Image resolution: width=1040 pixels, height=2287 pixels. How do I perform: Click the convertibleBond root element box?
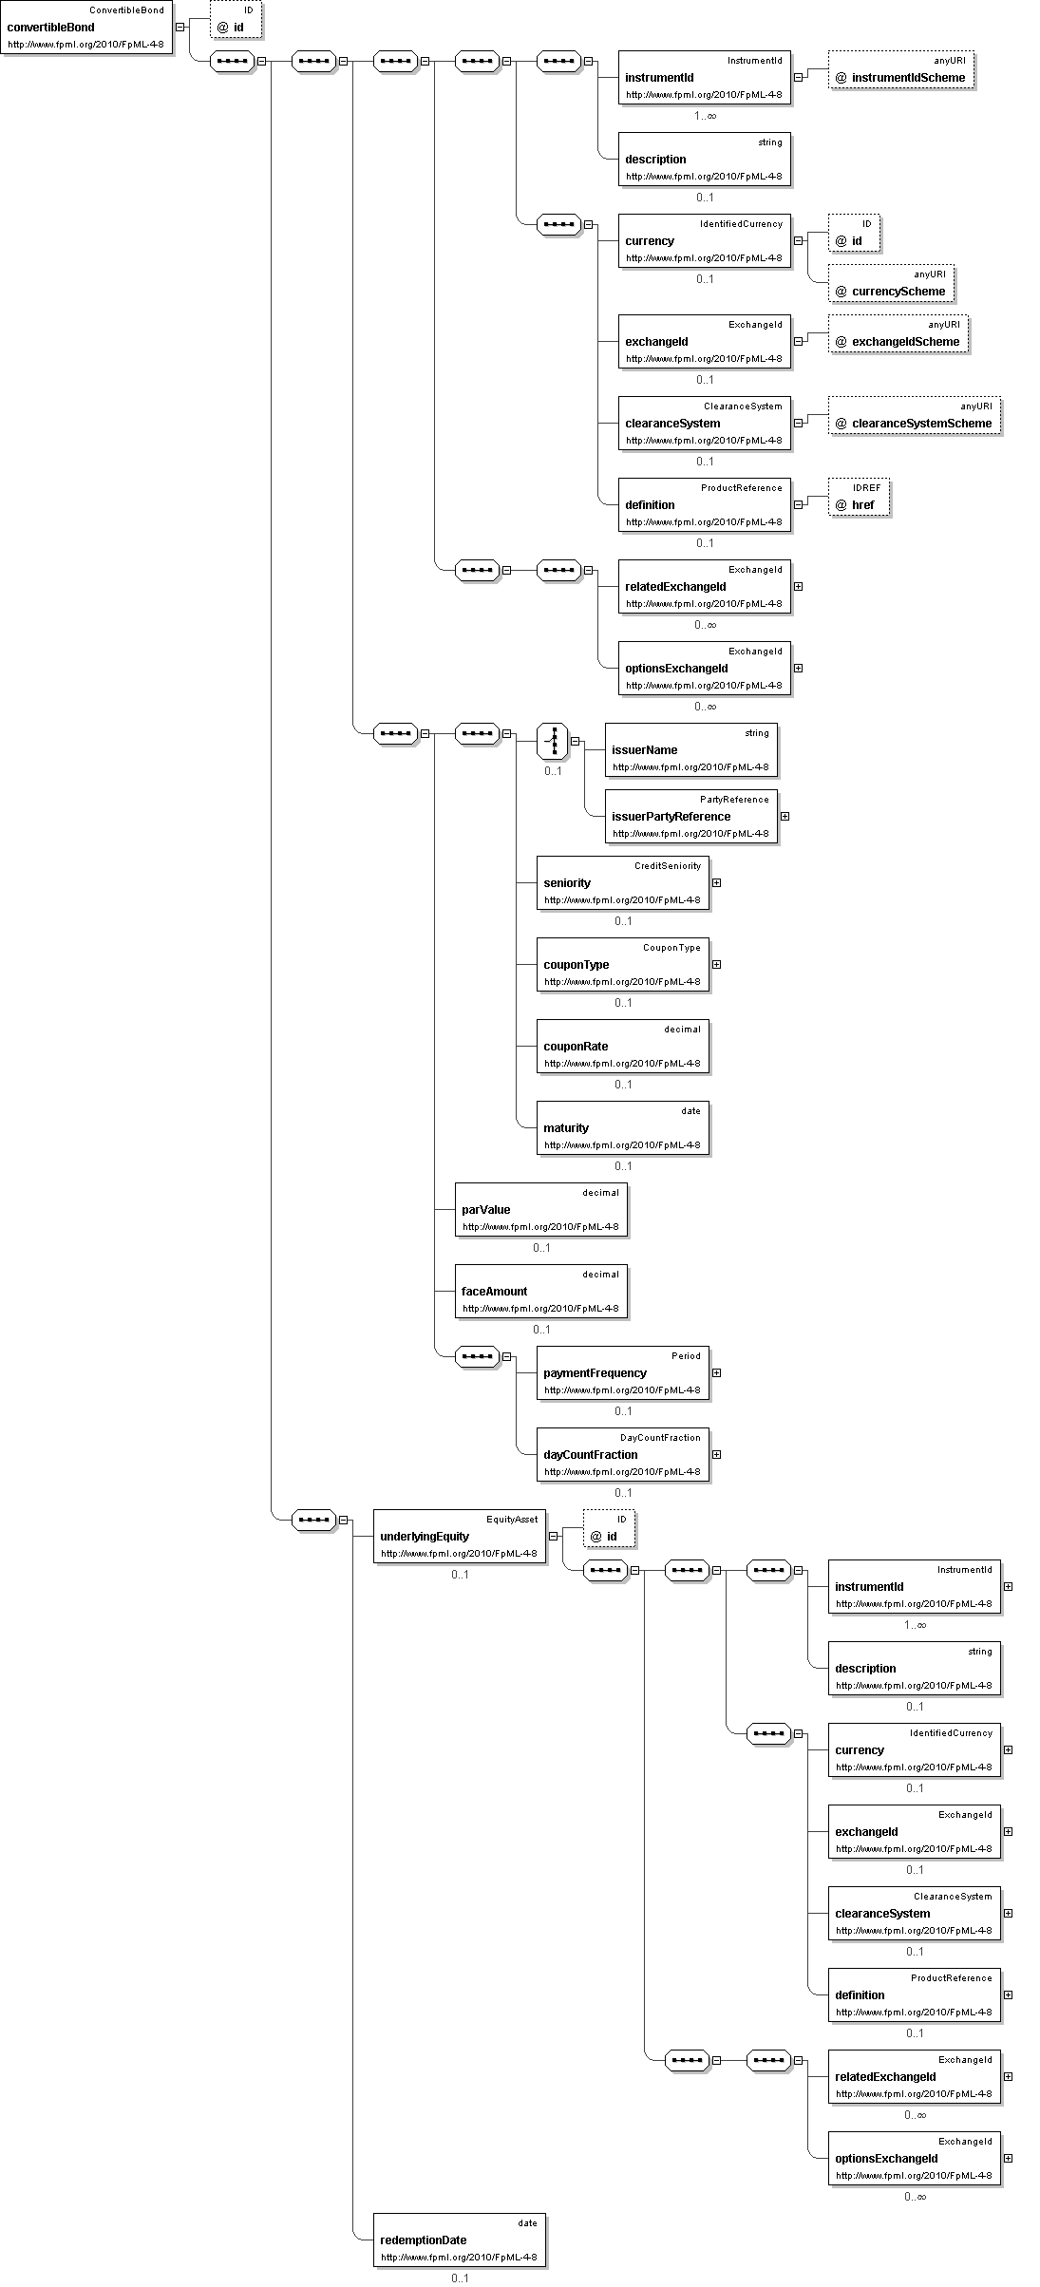(x=87, y=28)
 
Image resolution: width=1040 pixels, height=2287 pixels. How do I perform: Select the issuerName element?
(x=691, y=749)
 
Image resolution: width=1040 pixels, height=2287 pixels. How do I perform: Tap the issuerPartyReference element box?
(x=691, y=816)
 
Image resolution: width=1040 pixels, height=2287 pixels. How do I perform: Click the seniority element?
(x=622, y=882)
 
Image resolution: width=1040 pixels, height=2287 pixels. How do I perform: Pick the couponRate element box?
(x=622, y=1046)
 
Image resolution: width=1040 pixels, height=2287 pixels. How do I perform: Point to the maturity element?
(x=622, y=1127)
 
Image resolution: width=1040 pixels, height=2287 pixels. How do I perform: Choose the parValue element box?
(x=540, y=1209)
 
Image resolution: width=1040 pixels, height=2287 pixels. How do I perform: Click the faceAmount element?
(x=540, y=1291)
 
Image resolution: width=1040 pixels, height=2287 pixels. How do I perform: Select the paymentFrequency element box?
(x=622, y=1372)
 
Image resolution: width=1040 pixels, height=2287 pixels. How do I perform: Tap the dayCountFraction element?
(x=622, y=1454)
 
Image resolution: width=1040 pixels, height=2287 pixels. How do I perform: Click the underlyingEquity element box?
(x=459, y=1536)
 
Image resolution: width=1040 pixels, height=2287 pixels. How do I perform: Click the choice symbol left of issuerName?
(x=553, y=741)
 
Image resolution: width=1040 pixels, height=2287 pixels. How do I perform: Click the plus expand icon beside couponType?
(x=716, y=964)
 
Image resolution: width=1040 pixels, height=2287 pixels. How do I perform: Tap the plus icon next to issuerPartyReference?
(x=785, y=816)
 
